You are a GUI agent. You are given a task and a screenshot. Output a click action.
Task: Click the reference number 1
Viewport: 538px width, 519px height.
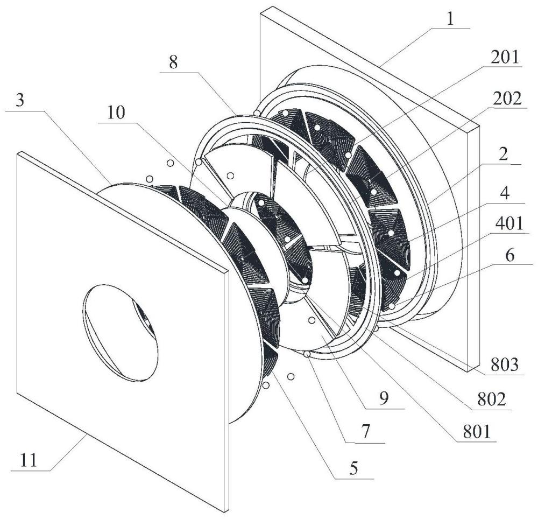pos(450,19)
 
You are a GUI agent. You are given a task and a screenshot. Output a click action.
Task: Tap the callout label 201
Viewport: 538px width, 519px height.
pos(505,57)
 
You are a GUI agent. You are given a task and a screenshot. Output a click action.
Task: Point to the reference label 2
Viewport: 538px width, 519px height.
pos(503,155)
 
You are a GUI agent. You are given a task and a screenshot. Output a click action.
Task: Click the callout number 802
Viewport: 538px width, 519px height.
pos(492,399)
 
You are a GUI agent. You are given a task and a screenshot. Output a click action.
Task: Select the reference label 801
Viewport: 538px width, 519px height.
pos(477,431)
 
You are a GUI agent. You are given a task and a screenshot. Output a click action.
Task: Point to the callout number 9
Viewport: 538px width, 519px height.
pos(384,398)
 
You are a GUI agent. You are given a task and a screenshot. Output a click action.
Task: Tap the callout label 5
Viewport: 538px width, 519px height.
pos(354,468)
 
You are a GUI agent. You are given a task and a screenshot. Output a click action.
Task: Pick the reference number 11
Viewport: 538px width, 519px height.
pos(29,460)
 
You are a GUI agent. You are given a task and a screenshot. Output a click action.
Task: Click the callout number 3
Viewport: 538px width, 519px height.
pos(20,101)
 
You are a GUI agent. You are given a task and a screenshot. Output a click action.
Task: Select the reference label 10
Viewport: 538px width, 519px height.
pos(116,112)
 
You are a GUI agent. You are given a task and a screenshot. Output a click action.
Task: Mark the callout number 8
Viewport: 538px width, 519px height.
pos(174,63)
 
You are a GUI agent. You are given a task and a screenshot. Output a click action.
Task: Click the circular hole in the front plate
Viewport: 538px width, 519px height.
pos(120,333)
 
